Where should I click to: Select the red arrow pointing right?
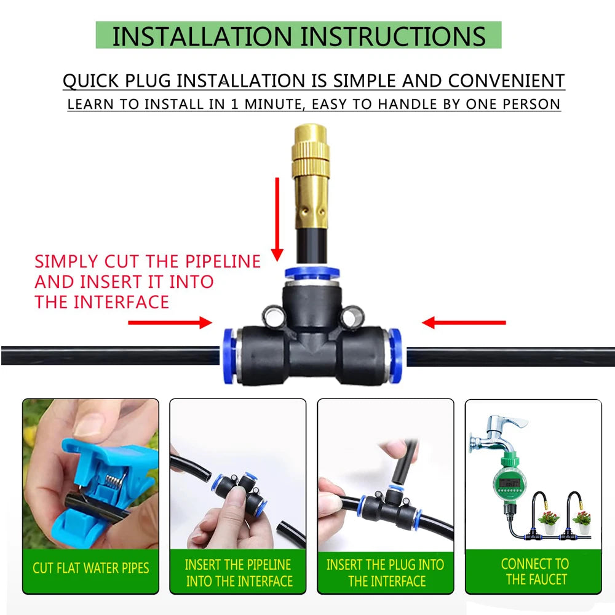(x=170, y=322)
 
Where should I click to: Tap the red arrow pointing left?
(x=464, y=322)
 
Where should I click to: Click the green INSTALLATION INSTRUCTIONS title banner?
(x=298, y=36)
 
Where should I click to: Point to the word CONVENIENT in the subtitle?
(x=506, y=81)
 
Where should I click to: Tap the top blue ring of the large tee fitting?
(x=312, y=272)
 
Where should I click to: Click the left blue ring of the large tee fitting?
(x=229, y=356)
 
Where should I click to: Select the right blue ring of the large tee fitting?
(x=394, y=356)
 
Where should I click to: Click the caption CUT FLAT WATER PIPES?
(x=90, y=568)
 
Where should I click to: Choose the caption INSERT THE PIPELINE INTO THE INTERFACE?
(x=239, y=573)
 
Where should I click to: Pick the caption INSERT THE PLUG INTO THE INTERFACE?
(x=386, y=573)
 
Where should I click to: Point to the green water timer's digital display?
(x=509, y=483)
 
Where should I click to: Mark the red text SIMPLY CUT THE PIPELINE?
(x=148, y=261)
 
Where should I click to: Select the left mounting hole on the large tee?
(x=272, y=317)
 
